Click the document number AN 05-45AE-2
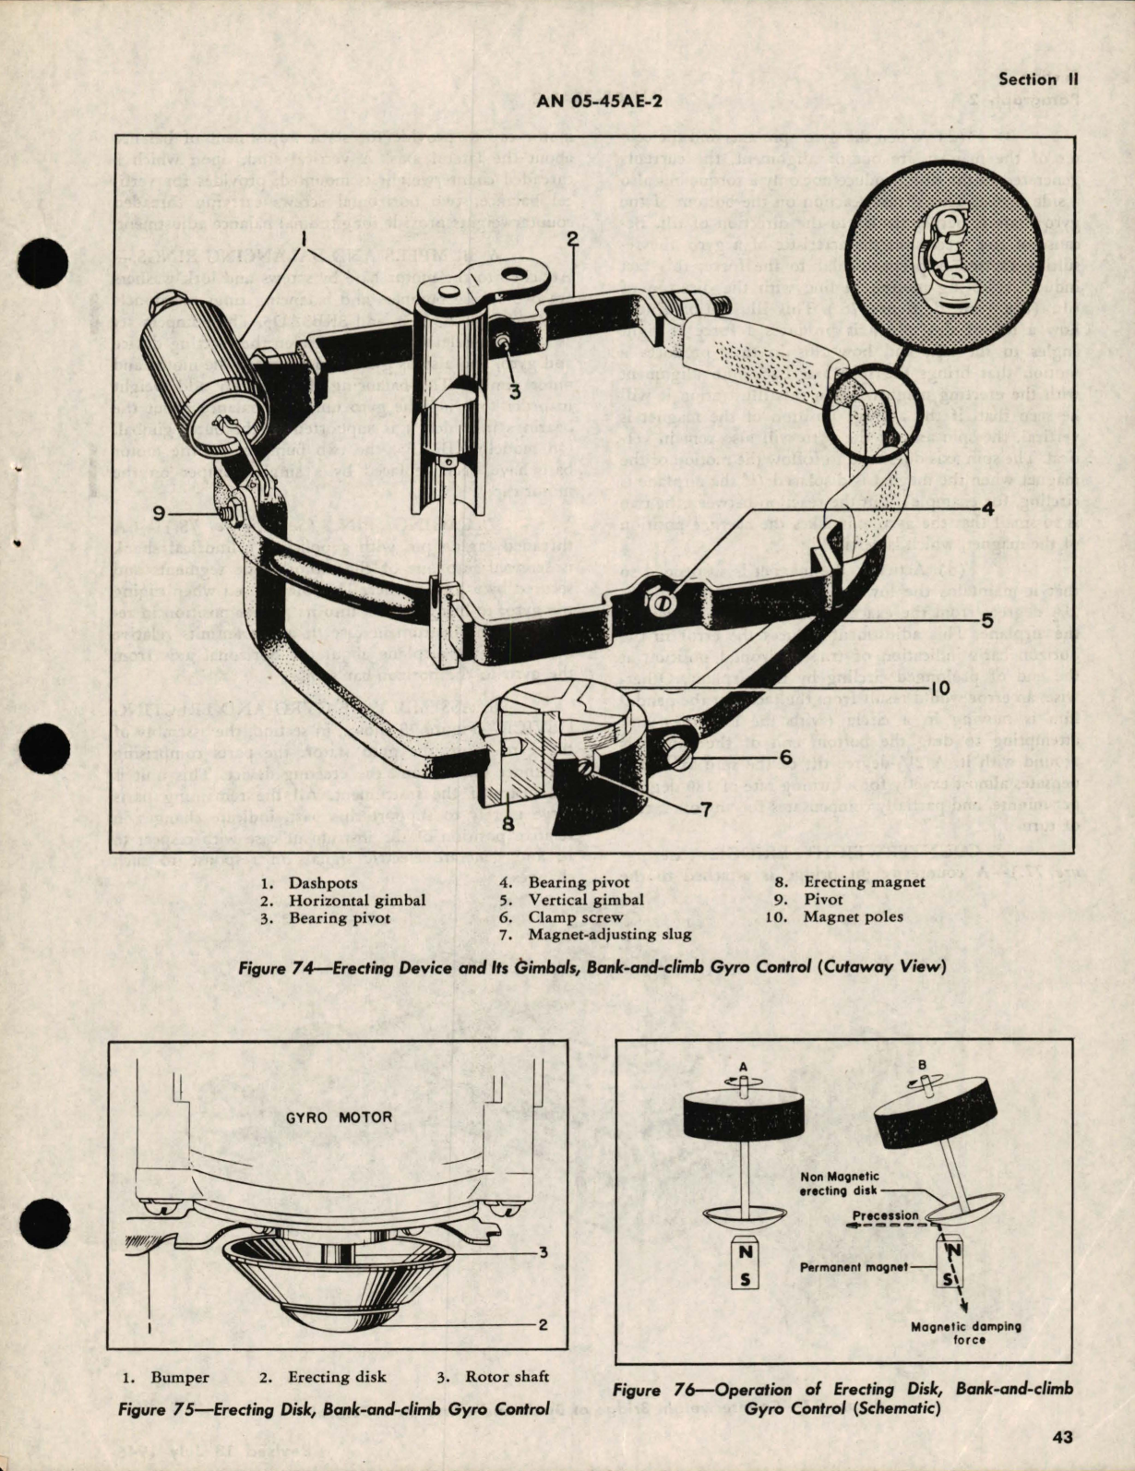click(x=599, y=102)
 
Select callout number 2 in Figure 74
click(x=572, y=241)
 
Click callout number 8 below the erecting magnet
click(x=508, y=822)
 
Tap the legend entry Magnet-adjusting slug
click(x=609, y=934)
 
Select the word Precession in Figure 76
click(x=885, y=1215)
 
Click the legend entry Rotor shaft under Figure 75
click(x=494, y=1377)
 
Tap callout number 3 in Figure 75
click(x=543, y=1252)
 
